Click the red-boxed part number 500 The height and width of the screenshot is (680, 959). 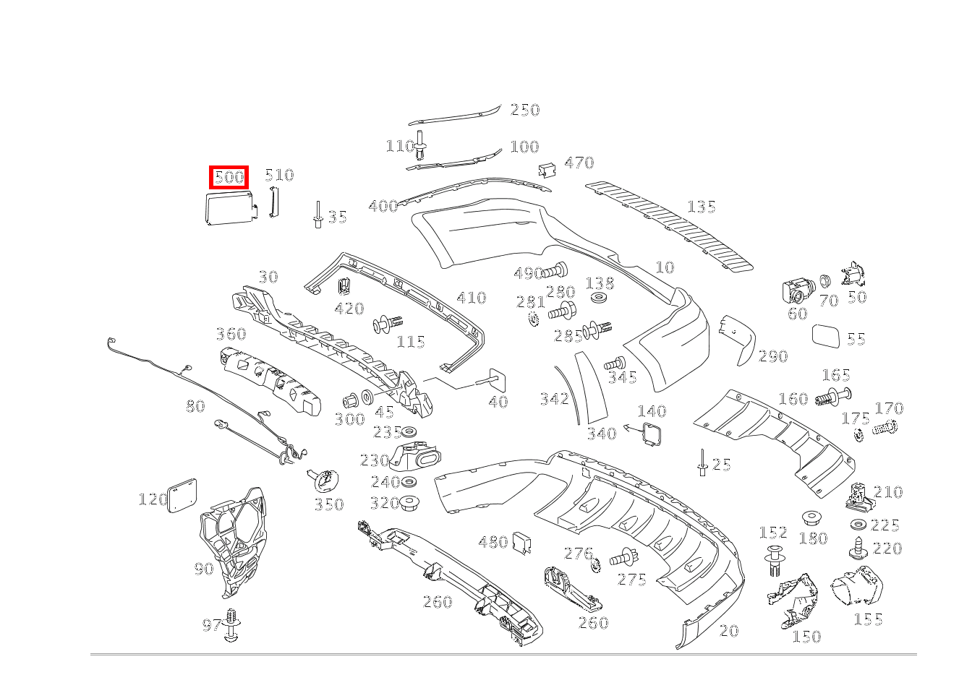229,177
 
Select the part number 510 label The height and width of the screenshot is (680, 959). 279,175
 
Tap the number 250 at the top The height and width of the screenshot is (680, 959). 525,110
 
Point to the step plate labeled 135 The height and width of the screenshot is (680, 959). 669,224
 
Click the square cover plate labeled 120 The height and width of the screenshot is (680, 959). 182,494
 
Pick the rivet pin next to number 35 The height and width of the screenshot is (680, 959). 317,215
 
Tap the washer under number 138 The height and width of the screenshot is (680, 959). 599,297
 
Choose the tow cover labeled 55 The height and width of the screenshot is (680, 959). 827,337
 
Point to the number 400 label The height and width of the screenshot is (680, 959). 383,206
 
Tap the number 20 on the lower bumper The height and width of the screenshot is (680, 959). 729,631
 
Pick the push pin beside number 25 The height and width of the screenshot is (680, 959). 702,462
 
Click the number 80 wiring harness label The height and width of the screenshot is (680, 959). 195,406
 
